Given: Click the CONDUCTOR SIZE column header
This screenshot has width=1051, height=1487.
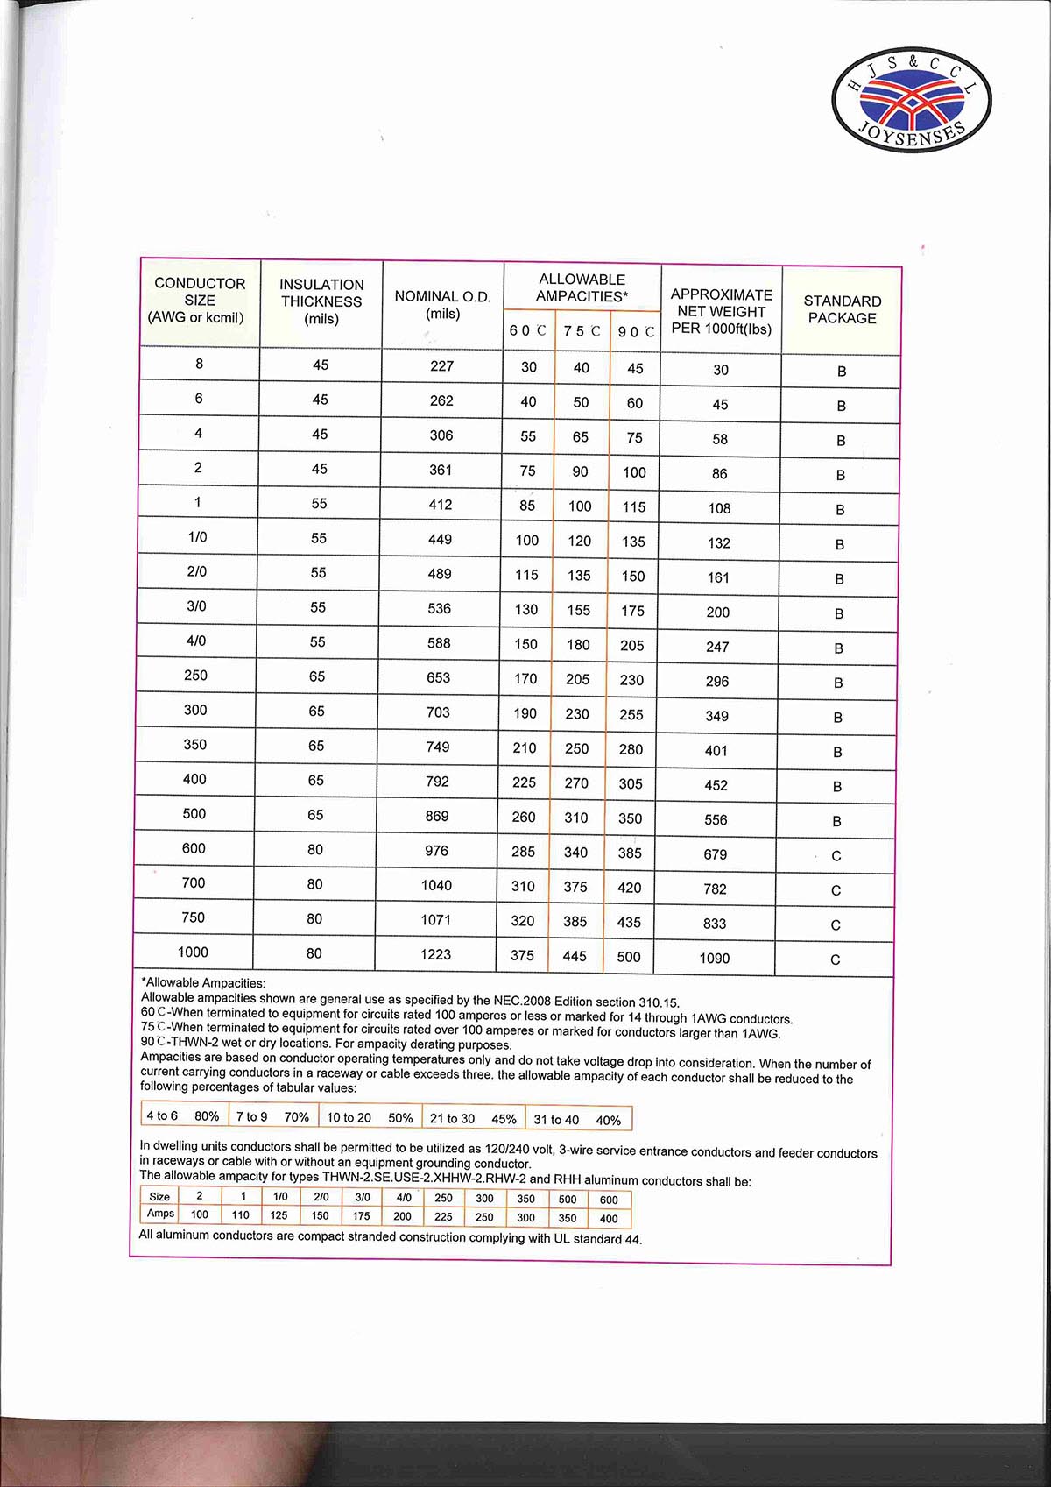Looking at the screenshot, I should [200, 301].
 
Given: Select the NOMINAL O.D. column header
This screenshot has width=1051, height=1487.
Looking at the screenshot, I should [442, 305].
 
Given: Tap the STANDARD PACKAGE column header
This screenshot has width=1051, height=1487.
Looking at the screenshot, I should [842, 309].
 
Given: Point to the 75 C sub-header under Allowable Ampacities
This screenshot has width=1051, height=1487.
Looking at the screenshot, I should [582, 331].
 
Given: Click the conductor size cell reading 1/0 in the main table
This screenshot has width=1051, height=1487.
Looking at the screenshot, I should [198, 537].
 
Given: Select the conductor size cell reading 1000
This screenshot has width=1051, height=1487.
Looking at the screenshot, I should [193, 952].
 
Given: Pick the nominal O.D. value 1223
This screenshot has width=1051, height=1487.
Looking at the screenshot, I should [435, 954].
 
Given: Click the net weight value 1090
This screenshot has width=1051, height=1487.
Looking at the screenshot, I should [715, 959].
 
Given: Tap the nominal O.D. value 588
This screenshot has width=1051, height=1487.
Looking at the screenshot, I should [439, 643].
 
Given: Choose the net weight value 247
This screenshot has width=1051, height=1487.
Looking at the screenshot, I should [717, 647].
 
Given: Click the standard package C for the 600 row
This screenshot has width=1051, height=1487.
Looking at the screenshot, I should [836, 856].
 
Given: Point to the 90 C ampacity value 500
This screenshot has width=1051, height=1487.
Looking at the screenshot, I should [629, 957].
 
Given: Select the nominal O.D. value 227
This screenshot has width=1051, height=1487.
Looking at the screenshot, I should [441, 366].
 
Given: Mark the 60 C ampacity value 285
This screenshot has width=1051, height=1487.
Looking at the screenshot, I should [523, 852].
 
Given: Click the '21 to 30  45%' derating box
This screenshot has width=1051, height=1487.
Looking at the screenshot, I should [473, 1119].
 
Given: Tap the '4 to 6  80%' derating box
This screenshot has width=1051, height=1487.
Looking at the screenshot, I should [182, 1116].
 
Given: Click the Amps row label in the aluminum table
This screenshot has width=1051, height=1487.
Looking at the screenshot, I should [160, 1214].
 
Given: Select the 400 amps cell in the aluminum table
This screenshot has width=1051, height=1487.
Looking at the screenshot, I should [609, 1219].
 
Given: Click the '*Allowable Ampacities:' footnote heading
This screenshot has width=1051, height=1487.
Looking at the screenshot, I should [203, 983].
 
